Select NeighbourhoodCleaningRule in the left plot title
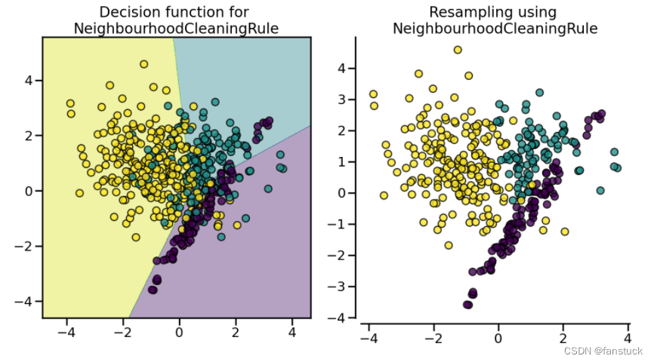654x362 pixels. pos(176,29)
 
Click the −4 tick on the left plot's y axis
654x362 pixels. pos(25,301)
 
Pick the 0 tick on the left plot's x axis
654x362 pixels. pos(179,332)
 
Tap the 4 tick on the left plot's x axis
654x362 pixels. pos(292,332)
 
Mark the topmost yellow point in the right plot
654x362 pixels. pos(457,50)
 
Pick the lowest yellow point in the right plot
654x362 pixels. pos(449,245)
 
